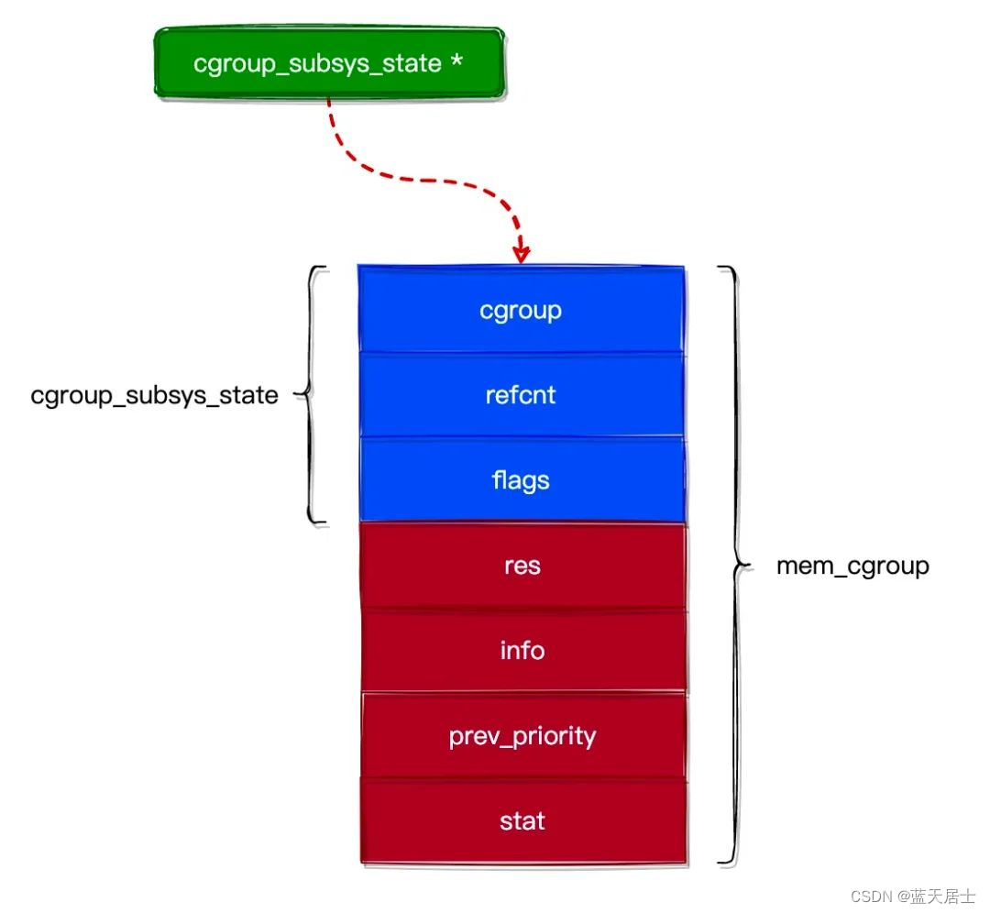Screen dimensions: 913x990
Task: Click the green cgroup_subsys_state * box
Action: [329, 63]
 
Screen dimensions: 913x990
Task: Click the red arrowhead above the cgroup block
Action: [522, 252]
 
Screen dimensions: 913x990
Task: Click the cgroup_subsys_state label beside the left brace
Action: [154, 396]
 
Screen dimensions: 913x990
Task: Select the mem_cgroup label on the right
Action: [852, 566]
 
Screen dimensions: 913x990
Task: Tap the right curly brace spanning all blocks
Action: [731, 566]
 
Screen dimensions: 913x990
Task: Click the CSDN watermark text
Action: [873, 896]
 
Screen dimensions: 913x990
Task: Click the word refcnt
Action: [521, 395]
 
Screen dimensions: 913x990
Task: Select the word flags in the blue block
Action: [521, 480]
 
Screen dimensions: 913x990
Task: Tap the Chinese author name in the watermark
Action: [942, 896]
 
